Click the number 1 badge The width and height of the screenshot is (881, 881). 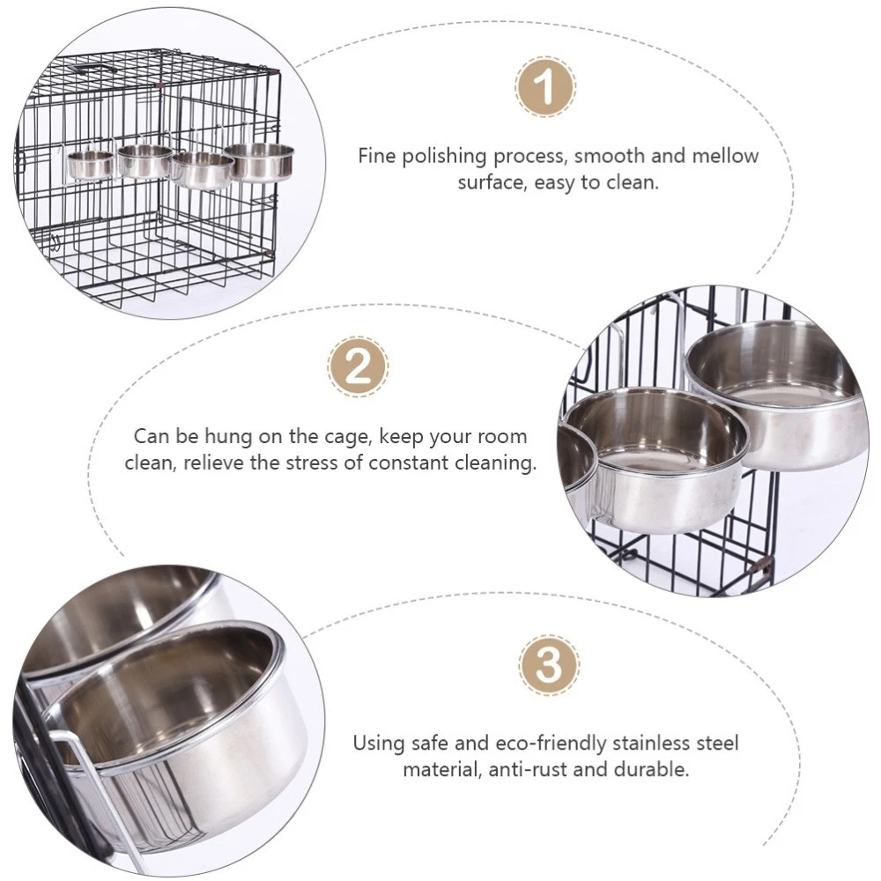[x=544, y=87]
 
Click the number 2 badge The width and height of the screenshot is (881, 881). [x=358, y=366]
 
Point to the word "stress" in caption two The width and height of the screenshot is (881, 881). [x=315, y=463]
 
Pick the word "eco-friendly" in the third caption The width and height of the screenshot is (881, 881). [x=552, y=744]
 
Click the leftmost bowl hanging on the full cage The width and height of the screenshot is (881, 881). [x=90, y=166]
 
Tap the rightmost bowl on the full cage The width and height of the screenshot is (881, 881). [x=259, y=160]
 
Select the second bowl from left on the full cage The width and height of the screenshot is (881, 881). [x=144, y=160]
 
